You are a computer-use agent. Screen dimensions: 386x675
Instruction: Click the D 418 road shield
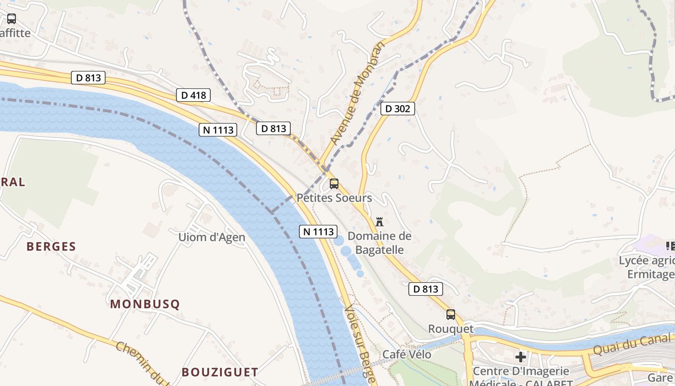[194, 95]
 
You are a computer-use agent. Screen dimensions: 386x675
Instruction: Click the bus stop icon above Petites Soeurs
[334, 184]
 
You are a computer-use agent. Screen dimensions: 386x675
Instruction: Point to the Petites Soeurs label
[334, 198]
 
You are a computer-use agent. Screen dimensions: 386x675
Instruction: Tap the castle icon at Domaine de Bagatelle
[379, 222]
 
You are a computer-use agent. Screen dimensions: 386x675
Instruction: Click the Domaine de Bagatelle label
[379, 243]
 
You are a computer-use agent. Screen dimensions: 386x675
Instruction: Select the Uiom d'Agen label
[212, 237]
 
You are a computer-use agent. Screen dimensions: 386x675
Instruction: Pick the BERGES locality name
[51, 247]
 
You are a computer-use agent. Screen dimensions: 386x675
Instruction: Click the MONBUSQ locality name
[145, 304]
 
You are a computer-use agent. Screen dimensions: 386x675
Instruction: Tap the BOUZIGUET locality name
[220, 372]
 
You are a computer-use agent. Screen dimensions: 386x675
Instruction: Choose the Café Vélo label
[407, 355]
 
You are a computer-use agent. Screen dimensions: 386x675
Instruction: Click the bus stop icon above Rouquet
[451, 315]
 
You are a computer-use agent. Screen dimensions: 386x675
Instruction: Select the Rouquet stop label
[451, 329]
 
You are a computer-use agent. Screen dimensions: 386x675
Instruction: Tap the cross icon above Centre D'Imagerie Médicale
[521, 357]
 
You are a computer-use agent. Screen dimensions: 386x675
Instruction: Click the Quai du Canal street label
[632, 344]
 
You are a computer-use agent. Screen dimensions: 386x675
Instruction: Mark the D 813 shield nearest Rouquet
[426, 289]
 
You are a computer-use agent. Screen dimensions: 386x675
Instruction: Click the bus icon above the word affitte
[11, 19]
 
